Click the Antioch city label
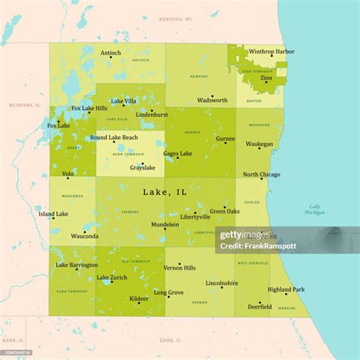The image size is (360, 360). [111, 52]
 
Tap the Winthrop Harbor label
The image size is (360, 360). [271, 52]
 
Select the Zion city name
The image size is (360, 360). [267, 77]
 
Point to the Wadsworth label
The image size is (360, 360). [212, 99]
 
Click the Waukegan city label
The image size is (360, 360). [259, 143]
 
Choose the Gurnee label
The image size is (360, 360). [226, 139]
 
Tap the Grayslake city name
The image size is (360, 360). [142, 167]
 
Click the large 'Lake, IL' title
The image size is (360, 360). [165, 192]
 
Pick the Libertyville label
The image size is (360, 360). [195, 216]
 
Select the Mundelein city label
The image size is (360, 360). [165, 225]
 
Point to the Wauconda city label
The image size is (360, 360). [85, 235]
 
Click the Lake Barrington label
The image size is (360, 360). [77, 265]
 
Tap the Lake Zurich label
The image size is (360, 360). [112, 277]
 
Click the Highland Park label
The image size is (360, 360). [286, 289]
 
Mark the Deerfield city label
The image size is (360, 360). [260, 307]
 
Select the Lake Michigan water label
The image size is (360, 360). [314, 210]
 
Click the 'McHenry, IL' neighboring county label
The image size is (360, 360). [23, 105]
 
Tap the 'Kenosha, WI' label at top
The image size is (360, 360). [175, 17]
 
